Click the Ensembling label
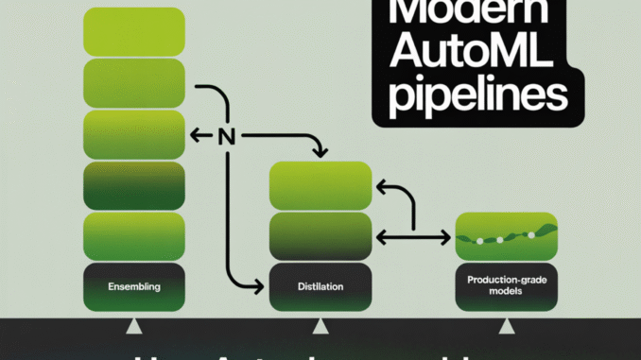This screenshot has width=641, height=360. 134,285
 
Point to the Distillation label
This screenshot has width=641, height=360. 319,285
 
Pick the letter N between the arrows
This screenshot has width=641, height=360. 225,136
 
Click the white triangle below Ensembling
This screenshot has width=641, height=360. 134,326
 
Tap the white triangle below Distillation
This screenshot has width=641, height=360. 320,326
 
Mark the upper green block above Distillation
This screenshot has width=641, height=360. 319,183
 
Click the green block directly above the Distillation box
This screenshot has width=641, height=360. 319,235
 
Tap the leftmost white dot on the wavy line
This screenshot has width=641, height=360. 480,241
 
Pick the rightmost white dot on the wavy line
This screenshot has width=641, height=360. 532,234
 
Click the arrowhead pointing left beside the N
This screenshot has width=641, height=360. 196,136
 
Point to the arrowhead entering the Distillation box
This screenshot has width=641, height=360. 261,285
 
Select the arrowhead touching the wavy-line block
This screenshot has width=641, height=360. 445,234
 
